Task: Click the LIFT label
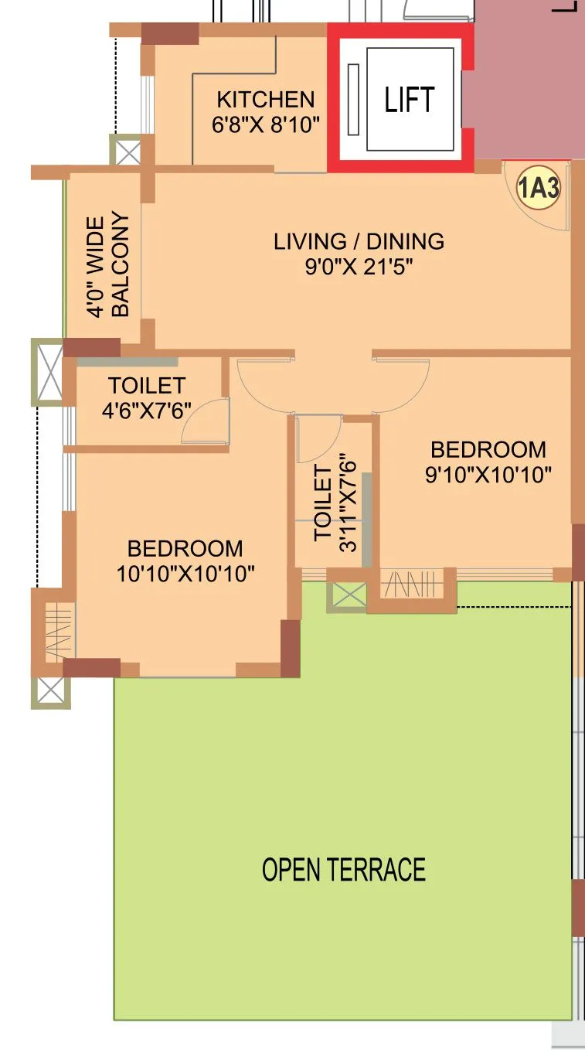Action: (x=409, y=100)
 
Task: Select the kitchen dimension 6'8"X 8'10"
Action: (x=266, y=125)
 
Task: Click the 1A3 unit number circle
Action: (x=538, y=189)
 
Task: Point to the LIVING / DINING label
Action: (x=359, y=241)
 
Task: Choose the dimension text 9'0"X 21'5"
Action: (x=359, y=268)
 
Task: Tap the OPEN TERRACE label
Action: (x=344, y=870)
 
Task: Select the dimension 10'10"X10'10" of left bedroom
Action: (x=185, y=574)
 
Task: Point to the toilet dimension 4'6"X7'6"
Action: (x=147, y=410)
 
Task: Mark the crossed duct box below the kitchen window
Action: (x=126, y=149)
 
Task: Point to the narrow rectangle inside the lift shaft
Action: (x=354, y=99)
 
